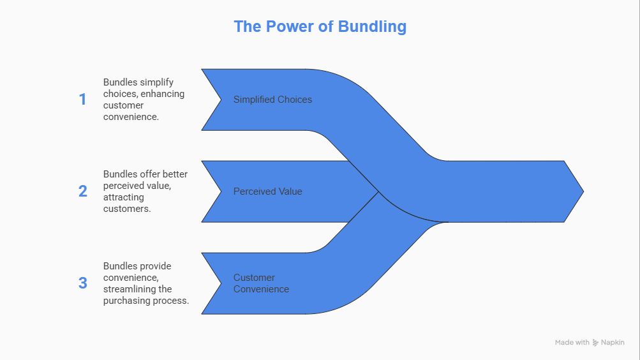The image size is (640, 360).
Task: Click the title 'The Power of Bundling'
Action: (320, 27)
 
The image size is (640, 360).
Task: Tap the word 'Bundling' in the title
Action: (374, 27)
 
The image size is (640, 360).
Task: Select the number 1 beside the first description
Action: (82, 100)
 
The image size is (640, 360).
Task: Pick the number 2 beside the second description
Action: (83, 191)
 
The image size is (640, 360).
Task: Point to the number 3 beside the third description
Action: (83, 283)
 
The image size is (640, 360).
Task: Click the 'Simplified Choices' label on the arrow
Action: (272, 100)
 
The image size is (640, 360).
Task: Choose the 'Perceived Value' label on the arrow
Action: (267, 191)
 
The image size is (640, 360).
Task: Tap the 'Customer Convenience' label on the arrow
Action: (261, 283)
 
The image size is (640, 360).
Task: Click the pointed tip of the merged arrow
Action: (581, 191)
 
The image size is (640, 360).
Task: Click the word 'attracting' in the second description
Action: (124, 197)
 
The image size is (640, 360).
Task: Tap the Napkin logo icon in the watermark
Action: (595, 343)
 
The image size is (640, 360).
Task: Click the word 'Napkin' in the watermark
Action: (613, 343)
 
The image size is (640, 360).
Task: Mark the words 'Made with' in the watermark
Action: (572, 343)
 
